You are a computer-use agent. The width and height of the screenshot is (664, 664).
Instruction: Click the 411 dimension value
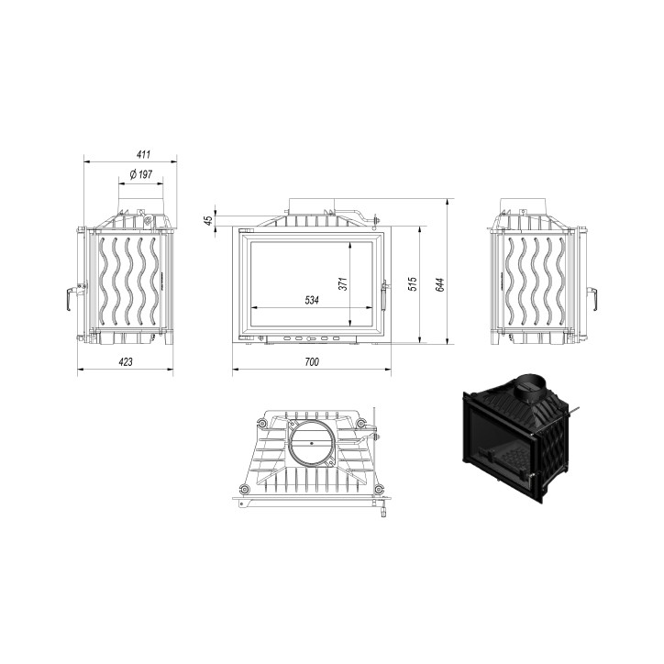(x=130, y=154)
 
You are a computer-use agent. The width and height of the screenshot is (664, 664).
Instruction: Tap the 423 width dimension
(x=126, y=362)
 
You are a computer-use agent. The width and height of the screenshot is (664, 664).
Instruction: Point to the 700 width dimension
(x=311, y=362)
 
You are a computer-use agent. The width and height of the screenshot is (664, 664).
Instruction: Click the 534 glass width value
(x=311, y=302)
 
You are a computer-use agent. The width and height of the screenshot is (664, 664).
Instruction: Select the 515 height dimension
(x=413, y=283)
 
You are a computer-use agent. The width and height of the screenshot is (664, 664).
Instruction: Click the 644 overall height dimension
(x=440, y=283)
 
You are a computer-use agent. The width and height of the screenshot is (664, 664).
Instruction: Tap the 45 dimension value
(x=208, y=220)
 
